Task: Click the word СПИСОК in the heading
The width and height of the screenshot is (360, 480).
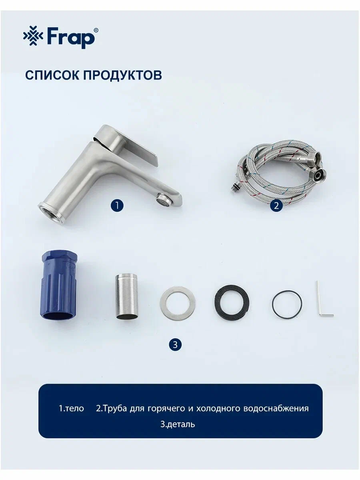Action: pos(52,75)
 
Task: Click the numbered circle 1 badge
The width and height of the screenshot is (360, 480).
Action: pos(117,206)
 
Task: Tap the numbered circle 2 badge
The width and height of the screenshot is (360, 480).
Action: pos(276,206)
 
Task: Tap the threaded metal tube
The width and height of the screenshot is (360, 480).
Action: pos(127,296)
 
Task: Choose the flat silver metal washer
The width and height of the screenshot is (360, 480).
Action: pos(178,303)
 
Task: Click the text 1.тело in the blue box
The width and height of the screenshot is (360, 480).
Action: pos(72,408)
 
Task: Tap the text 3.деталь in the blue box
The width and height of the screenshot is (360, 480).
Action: pos(178,424)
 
